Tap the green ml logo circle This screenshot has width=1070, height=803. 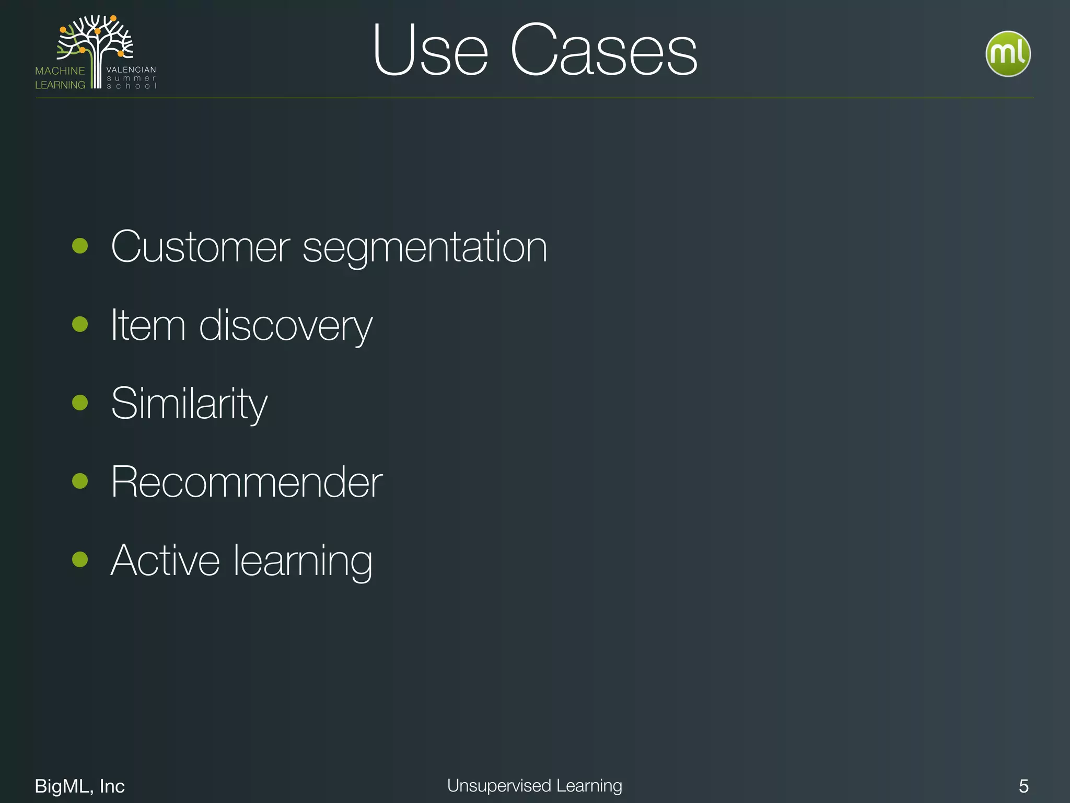(1008, 54)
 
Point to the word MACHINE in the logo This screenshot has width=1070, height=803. (60, 71)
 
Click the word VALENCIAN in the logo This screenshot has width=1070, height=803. (131, 70)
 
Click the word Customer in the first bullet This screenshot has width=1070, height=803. (200, 247)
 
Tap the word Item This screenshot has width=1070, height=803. (148, 325)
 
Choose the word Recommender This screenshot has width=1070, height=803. (247, 482)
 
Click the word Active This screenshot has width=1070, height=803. (165, 560)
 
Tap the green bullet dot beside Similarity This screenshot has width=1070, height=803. (80, 403)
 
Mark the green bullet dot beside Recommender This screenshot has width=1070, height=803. (80, 481)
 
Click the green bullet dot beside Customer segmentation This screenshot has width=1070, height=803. (80, 246)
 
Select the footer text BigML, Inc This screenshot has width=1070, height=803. (79, 786)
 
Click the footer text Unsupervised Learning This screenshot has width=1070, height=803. (534, 786)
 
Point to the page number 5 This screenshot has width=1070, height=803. (1024, 786)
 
